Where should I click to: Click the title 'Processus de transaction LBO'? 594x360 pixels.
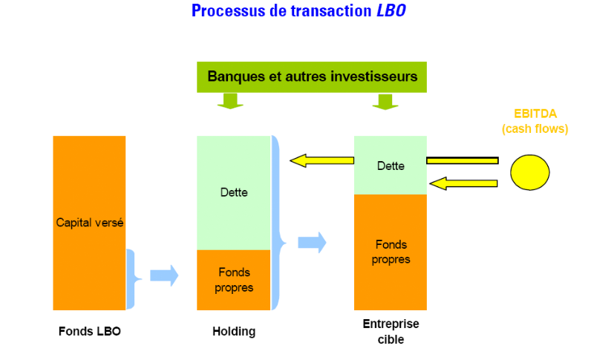point(298,11)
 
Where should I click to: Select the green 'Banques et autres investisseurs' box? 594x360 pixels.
point(312,76)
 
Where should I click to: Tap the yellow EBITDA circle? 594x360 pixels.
point(529,172)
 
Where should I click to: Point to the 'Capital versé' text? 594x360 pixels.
point(90,222)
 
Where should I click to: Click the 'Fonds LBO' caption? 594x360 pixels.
point(89,331)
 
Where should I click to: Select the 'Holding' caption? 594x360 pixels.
point(233,331)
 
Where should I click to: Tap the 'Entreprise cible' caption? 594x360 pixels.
point(391,331)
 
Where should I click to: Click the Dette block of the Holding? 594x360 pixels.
point(233,193)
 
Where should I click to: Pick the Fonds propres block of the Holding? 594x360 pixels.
point(233,280)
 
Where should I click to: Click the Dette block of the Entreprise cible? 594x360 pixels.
point(391,166)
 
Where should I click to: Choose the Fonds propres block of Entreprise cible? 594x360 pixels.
point(391,252)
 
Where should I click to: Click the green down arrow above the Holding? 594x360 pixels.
point(230,101)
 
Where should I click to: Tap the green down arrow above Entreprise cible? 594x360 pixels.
point(385,101)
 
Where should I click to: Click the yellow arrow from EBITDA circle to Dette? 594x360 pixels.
point(463,183)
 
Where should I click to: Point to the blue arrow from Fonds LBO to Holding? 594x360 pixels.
point(164,275)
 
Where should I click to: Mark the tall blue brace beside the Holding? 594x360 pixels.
point(278,223)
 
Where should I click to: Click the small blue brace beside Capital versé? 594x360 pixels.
point(132,278)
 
